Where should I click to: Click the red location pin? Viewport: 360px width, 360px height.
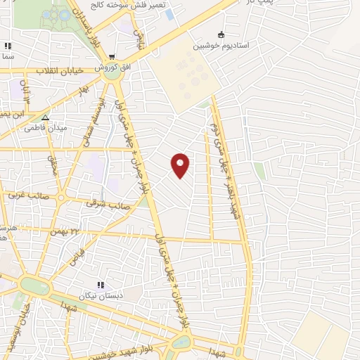coord(181,165)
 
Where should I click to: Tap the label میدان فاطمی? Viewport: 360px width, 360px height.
coord(45,128)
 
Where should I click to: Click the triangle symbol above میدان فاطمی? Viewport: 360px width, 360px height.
coord(45,118)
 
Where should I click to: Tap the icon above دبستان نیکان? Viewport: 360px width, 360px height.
coord(100,285)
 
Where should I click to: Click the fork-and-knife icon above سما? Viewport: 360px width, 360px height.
coord(8,46)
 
